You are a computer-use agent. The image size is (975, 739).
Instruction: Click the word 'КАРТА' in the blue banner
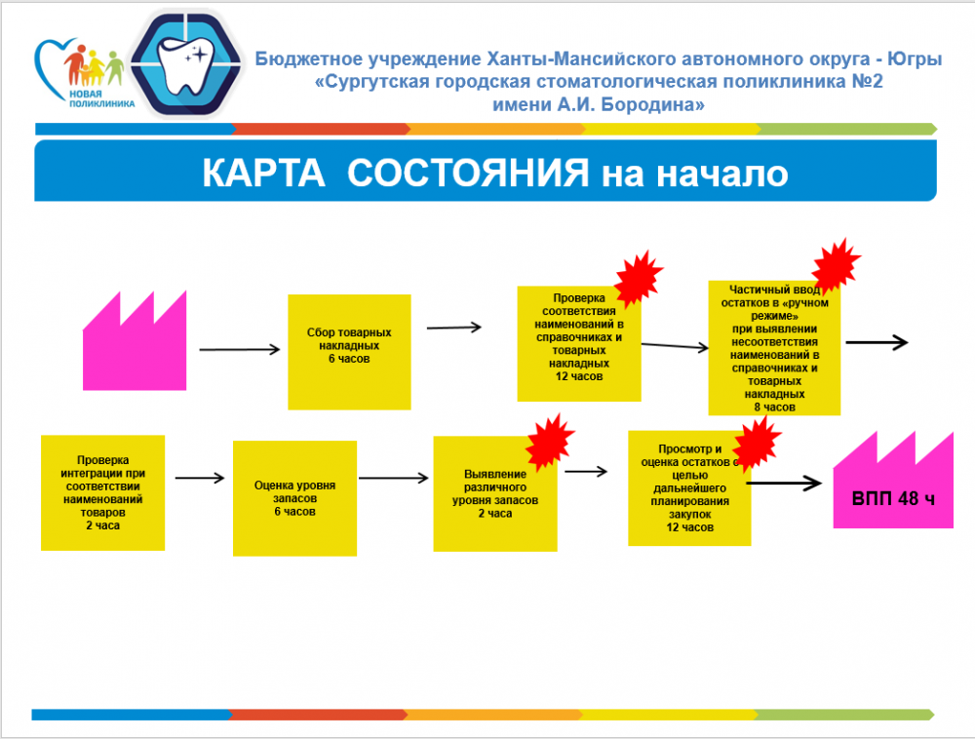263,174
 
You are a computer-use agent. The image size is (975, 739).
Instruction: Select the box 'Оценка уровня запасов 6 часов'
293,497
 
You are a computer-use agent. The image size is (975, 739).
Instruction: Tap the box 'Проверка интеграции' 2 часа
102,492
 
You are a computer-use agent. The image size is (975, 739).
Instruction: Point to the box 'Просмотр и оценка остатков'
688,488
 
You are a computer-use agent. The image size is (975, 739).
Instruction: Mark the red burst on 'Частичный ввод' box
837,262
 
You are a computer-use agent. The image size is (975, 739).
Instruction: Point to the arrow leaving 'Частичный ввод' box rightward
877,342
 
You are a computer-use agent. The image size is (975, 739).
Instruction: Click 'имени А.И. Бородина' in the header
599,104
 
